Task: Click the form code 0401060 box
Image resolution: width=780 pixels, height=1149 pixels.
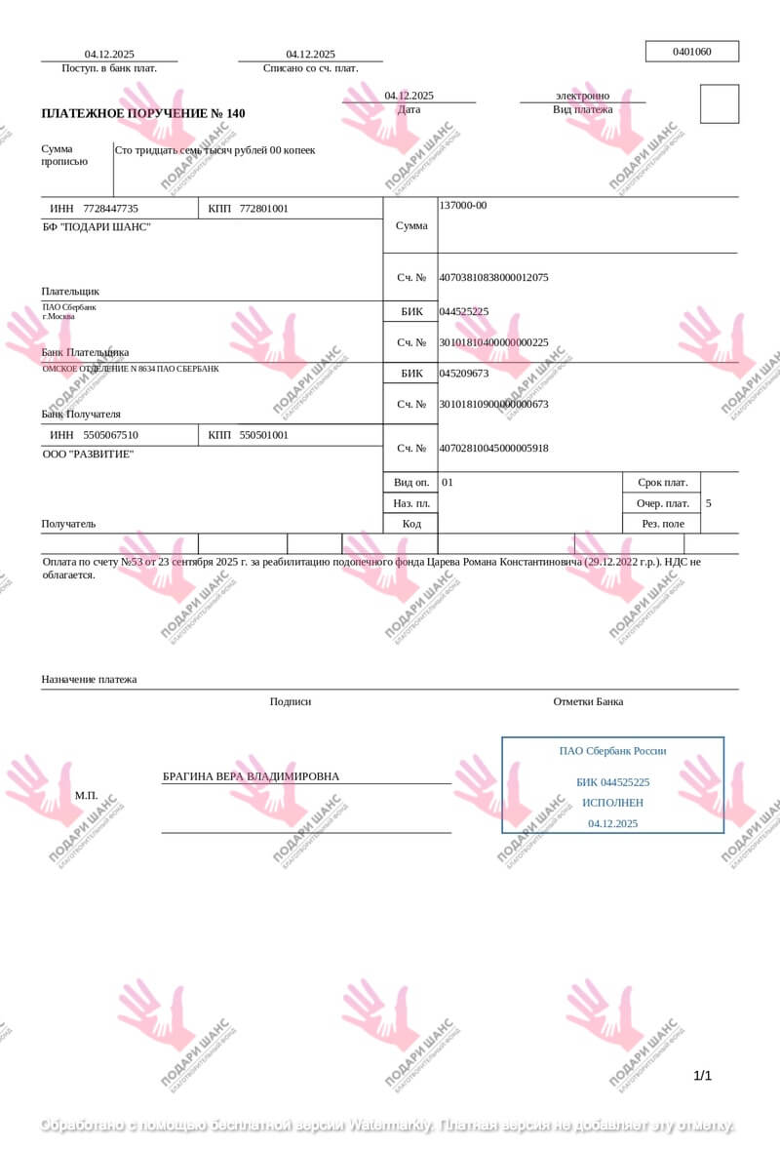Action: coord(692,52)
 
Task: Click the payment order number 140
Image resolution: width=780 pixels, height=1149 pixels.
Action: coord(236,113)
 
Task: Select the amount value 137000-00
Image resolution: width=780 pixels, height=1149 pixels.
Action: coord(463,205)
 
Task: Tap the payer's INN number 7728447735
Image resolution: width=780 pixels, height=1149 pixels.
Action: coord(111,209)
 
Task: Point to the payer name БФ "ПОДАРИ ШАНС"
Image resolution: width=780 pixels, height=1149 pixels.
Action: coord(97,227)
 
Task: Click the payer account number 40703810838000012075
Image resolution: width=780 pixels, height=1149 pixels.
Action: coord(493,277)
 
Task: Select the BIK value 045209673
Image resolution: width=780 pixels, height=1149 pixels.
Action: coord(464,373)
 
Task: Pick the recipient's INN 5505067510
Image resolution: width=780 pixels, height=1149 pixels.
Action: coord(111,435)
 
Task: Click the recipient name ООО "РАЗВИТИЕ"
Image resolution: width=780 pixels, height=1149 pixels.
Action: coord(88,454)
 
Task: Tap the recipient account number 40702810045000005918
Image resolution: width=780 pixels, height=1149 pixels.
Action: coord(493,448)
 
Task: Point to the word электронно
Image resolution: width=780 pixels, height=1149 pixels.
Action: coord(583,96)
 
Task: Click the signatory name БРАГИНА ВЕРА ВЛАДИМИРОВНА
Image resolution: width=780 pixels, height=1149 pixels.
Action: coord(252,776)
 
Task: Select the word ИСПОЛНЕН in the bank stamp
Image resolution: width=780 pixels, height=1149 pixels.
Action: coord(612,802)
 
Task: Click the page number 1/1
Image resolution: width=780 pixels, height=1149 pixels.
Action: coord(702,1076)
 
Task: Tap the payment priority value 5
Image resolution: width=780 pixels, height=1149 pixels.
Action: coord(708,503)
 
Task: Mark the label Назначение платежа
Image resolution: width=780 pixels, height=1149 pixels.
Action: coord(89,679)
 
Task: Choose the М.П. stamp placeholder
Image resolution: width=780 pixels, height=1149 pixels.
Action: coord(87,795)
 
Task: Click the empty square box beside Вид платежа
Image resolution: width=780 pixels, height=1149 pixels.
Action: coord(720,103)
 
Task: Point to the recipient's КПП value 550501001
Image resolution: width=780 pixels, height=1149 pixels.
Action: coord(263,435)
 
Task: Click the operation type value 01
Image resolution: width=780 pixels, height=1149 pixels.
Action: coord(448,482)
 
